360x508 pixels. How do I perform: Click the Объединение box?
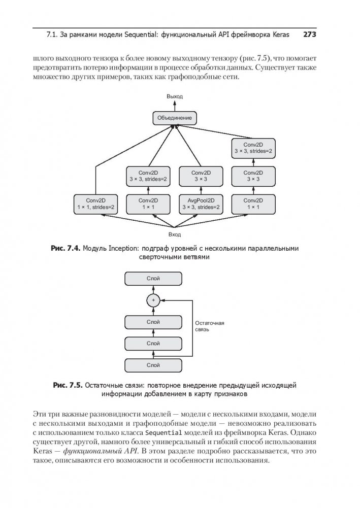tap(174, 118)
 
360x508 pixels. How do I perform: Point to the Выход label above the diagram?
tap(174, 96)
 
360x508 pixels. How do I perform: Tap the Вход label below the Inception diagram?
tap(174, 235)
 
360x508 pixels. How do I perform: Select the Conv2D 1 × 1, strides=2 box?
tap(95, 204)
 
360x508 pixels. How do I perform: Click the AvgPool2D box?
tap(200, 204)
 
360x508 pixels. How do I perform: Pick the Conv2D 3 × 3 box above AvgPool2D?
tap(200, 176)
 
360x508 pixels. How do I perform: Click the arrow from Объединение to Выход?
tap(174, 106)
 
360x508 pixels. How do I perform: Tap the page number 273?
tap(310, 35)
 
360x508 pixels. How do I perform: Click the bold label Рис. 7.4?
tap(66, 249)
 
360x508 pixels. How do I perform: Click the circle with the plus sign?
tap(153, 300)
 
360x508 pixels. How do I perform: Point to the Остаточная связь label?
tap(209, 326)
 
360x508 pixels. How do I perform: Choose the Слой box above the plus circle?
tap(153, 279)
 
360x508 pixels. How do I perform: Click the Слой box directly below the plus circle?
tap(153, 322)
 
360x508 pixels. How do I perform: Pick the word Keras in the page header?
tap(279, 35)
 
